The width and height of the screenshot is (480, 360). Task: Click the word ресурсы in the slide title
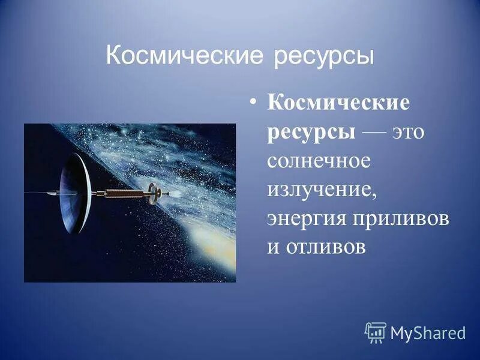tap(324, 57)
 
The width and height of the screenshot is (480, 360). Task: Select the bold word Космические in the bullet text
tap(338, 103)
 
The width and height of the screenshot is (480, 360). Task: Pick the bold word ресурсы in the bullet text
tap(311, 132)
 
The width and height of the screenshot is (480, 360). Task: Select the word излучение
tap(322, 190)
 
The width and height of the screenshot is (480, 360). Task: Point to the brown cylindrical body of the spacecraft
tap(123, 193)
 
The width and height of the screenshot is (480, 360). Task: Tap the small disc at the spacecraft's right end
tap(154, 192)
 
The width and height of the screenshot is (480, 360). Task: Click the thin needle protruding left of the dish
tap(42, 193)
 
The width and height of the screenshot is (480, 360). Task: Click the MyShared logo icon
tap(376, 332)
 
